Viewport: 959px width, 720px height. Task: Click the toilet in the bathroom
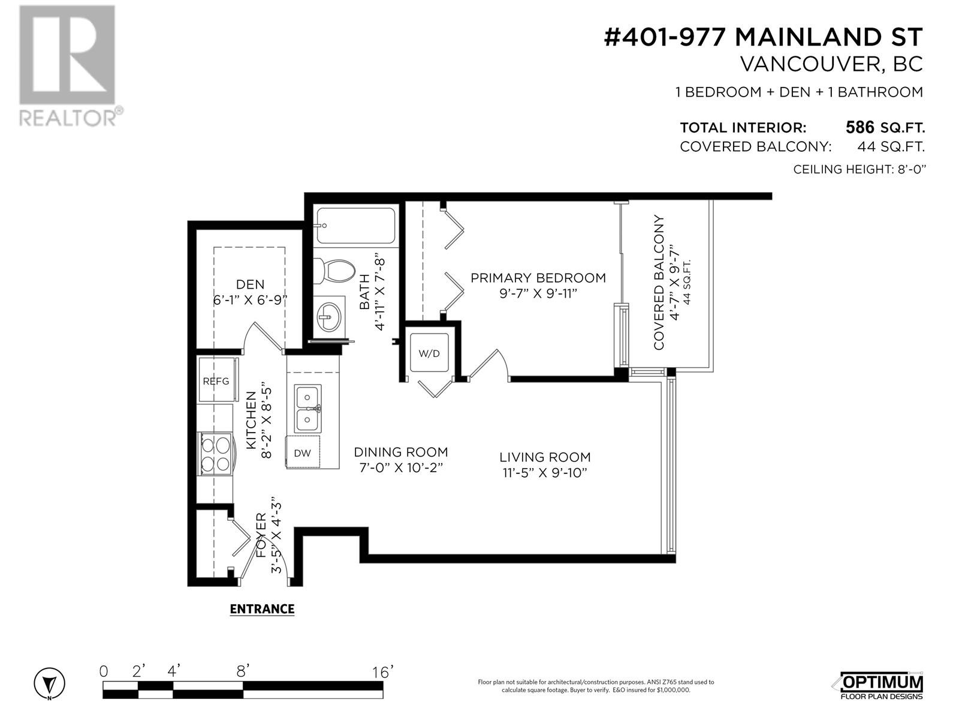coord(334,271)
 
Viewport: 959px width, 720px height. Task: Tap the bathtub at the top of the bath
coord(355,226)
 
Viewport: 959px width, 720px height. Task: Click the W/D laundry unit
coord(429,353)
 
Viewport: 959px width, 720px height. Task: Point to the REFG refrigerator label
coord(216,381)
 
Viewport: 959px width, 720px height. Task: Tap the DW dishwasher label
coord(302,453)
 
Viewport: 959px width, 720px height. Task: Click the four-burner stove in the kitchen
coord(216,454)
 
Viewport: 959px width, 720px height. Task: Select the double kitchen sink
coord(307,409)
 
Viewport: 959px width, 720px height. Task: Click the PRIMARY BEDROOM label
coord(538,278)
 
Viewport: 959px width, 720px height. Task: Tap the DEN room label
coord(251,284)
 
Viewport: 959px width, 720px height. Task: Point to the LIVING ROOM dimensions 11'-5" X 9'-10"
coord(545,473)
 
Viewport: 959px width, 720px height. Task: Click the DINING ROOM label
coord(400,452)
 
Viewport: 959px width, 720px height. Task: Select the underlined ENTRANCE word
coord(262,609)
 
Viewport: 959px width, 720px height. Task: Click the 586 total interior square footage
coord(860,127)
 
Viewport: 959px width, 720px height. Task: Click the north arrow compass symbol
coord(49,683)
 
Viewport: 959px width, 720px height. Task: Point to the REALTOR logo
coord(70,65)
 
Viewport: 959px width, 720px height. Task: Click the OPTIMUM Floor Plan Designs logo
coord(881,685)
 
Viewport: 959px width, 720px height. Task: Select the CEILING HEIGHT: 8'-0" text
coord(860,169)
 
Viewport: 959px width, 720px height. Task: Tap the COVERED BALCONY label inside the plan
coord(658,282)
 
